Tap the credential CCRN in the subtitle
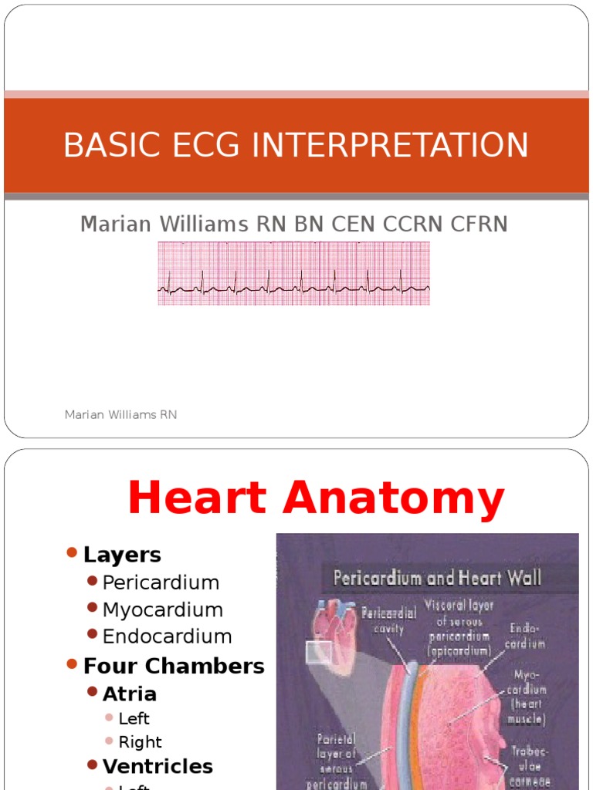(x=423, y=225)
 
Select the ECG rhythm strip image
(x=294, y=273)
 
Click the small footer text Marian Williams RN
(x=120, y=415)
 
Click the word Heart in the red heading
(x=200, y=498)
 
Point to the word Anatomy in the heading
(x=395, y=498)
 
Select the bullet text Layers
(x=122, y=555)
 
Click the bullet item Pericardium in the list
(x=161, y=582)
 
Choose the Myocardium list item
(x=162, y=609)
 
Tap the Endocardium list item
(x=167, y=636)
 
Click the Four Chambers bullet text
(x=174, y=666)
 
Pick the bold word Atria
(x=129, y=694)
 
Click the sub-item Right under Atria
(x=140, y=742)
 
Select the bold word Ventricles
(x=158, y=766)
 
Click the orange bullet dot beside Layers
(x=72, y=553)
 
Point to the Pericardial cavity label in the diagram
(x=388, y=620)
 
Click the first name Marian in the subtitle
(x=114, y=225)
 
